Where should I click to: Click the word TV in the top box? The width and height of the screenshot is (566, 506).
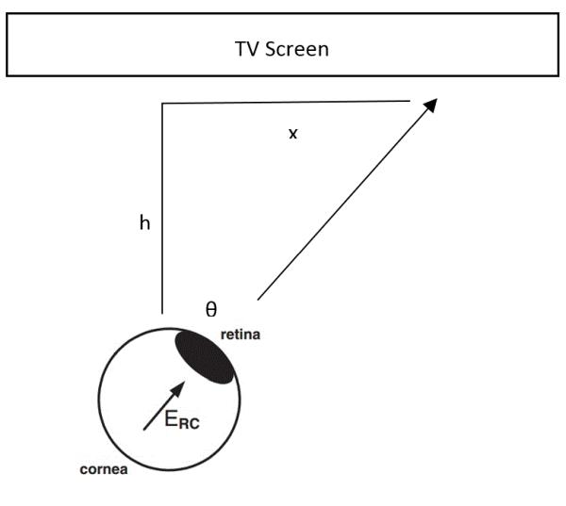246,49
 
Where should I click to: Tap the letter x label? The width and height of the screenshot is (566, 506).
292,134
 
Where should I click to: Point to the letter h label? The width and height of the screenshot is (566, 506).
144,224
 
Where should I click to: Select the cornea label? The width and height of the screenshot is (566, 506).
104,468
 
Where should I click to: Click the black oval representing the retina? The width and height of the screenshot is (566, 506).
203,356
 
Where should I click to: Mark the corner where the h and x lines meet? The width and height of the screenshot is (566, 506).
162,103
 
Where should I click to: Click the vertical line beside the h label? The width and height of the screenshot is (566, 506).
162,207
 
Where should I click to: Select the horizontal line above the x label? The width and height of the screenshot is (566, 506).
283,102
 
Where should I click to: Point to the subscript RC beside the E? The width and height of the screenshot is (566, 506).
190,425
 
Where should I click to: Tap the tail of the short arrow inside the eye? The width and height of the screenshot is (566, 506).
144,430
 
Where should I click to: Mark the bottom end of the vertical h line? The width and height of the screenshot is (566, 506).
162,312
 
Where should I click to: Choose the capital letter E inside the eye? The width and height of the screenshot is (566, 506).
172,420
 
